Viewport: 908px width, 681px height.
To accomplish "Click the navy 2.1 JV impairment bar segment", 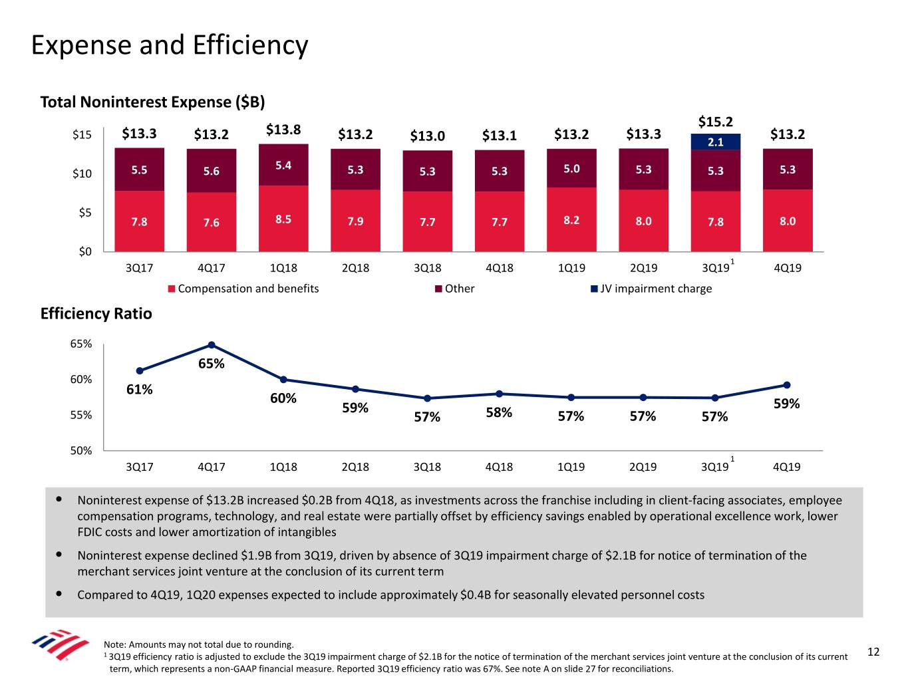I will (715, 142).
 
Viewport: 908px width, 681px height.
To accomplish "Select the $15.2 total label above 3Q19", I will (715, 122).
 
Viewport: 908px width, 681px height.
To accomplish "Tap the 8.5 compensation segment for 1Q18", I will (283, 219).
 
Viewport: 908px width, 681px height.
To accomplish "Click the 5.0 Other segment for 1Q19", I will (571, 168).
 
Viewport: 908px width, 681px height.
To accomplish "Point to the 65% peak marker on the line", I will (212, 344).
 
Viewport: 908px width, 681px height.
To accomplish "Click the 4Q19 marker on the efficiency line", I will (786, 385).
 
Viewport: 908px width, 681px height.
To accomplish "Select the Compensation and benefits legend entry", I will (243, 289).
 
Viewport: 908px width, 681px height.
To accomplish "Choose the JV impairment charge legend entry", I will (651, 289).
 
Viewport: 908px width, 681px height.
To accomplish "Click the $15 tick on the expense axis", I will (82, 135).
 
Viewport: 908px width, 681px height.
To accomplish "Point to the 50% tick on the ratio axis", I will (81, 450).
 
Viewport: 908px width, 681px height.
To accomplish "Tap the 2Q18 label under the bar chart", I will (355, 268).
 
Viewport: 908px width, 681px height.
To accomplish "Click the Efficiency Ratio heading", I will (96, 313).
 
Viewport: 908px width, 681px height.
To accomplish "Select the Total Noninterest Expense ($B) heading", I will (152, 102).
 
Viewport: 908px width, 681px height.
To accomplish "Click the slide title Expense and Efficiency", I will (170, 45).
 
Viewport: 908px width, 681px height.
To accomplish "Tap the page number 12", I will (873, 652).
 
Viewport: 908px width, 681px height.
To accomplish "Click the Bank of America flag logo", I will (60, 644).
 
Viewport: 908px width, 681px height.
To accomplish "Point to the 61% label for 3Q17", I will (140, 390).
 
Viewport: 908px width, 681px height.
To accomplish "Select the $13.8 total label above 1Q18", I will (283, 130).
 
